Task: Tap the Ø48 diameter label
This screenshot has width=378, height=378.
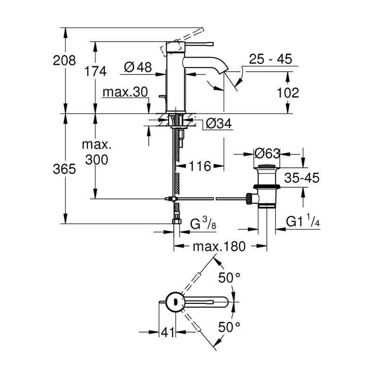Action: (x=138, y=68)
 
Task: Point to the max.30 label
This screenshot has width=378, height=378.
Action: (x=126, y=92)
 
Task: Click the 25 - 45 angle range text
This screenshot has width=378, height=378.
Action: (x=271, y=59)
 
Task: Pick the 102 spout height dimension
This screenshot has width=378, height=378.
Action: (x=288, y=93)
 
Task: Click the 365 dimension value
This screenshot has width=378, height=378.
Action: (x=64, y=169)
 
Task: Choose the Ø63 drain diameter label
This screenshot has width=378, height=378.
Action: (x=267, y=154)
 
